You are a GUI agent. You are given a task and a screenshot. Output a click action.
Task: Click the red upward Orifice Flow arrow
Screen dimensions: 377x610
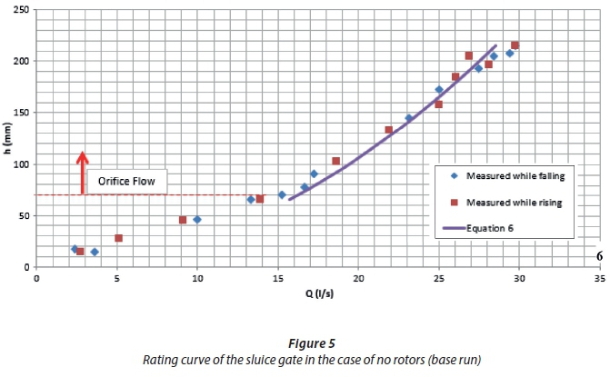click(82, 172)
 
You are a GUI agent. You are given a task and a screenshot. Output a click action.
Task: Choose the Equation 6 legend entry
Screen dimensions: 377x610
click(491, 228)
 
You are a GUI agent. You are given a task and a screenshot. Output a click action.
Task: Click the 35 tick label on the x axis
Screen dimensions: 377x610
click(599, 279)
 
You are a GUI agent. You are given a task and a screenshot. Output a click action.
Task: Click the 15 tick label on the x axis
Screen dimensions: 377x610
click(277, 279)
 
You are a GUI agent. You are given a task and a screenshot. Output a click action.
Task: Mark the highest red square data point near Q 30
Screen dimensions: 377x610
click(515, 45)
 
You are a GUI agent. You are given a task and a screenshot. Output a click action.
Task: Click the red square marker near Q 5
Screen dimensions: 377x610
click(118, 238)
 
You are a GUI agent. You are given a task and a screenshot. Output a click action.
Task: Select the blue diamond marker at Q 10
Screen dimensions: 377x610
click(197, 220)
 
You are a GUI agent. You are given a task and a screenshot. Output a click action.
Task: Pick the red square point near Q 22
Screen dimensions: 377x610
click(389, 130)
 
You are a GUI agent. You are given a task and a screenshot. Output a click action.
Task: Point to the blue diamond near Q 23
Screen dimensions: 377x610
click(408, 118)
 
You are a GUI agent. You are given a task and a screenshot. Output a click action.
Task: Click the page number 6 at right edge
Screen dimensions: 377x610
click(599, 256)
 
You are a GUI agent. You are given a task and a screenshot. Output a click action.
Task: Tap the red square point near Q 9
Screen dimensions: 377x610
click(183, 220)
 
